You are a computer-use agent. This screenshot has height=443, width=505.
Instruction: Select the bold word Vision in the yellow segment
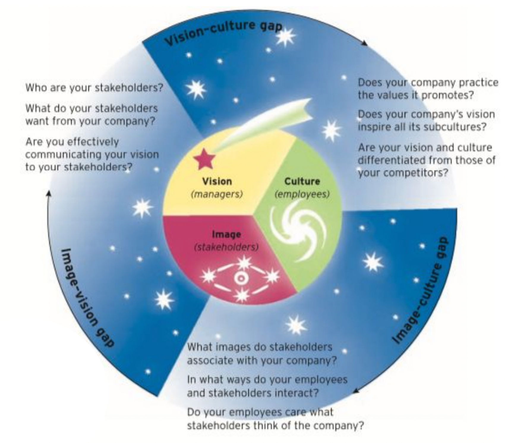[x=217, y=181]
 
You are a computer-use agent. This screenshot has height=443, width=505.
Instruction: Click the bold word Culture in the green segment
[x=302, y=181]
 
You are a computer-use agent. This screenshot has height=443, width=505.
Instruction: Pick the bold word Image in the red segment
[x=226, y=234]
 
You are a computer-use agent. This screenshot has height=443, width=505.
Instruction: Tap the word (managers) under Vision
[x=217, y=194]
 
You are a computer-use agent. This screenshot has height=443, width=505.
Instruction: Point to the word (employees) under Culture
[x=302, y=194]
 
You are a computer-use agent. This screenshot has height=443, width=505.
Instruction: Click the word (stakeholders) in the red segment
[x=226, y=247]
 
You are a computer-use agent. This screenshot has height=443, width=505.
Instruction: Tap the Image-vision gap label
[x=86, y=297]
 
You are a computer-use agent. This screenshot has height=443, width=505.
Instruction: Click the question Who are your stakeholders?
[x=94, y=88]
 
